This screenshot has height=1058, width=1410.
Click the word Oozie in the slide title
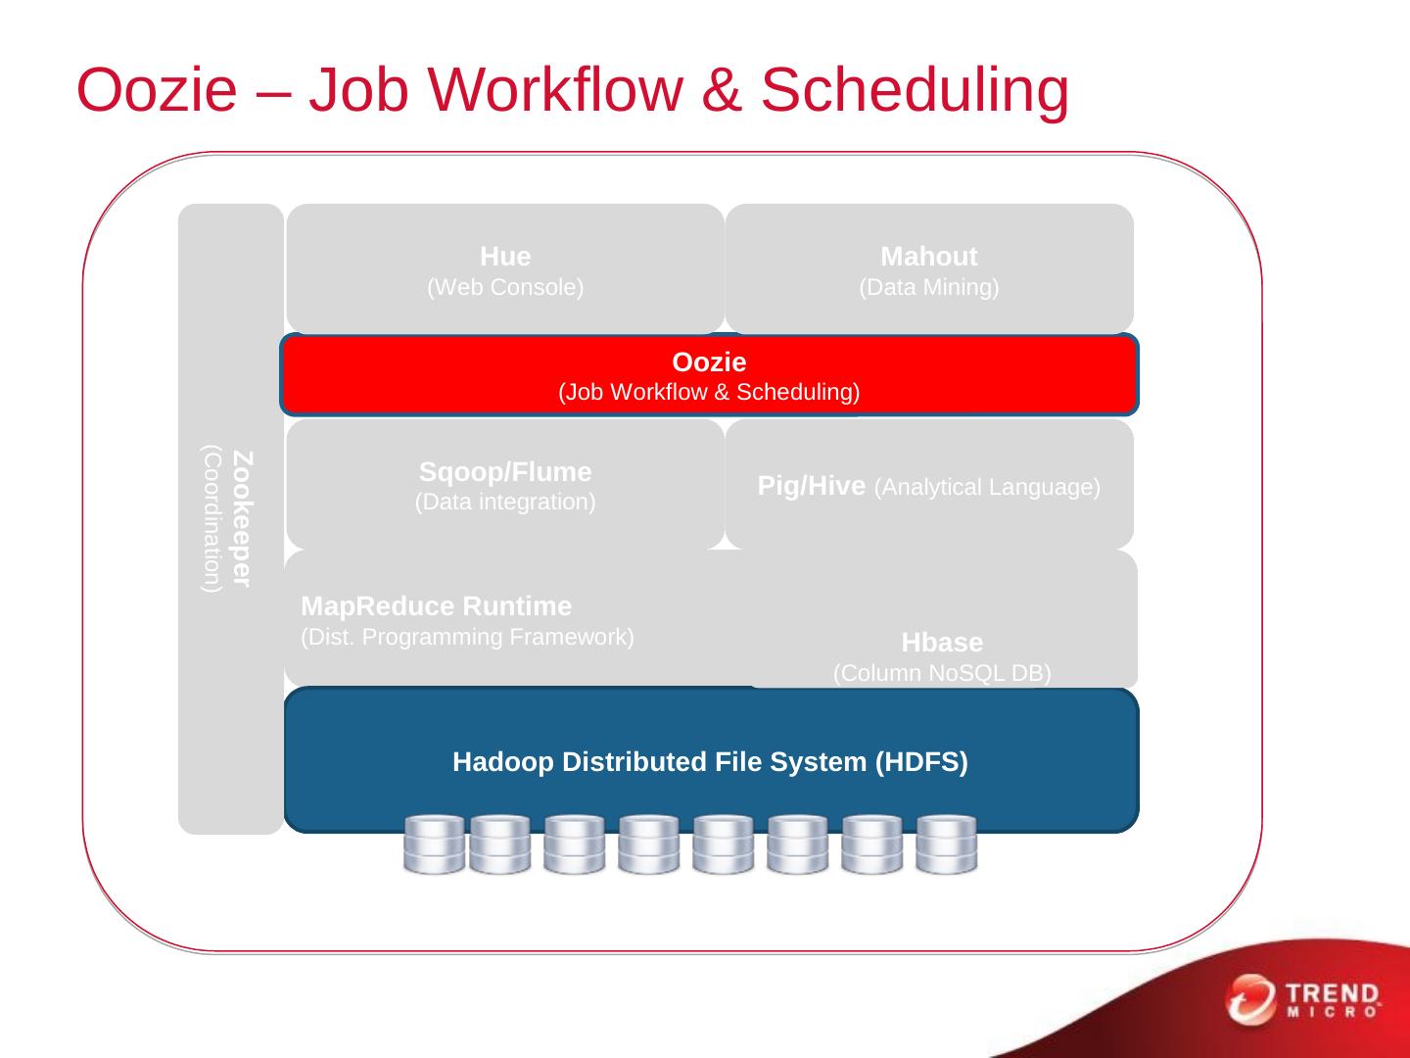pos(157,90)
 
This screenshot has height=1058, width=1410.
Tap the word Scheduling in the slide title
pos(914,90)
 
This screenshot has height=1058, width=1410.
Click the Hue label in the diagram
pos(505,257)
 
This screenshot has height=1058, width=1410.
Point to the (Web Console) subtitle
pos(505,288)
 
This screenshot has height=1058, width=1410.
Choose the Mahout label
pos(928,257)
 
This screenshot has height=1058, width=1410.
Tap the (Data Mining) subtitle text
pos(928,288)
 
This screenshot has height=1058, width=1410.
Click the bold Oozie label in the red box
pos(709,362)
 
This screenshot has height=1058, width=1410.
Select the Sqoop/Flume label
pos(505,472)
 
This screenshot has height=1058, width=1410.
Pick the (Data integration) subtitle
pos(505,503)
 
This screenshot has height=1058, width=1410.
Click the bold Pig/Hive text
pos(812,486)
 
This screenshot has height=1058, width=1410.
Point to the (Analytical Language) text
pos(987,487)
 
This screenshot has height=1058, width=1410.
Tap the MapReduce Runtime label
pos(437,606)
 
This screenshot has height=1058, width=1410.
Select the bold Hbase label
pos(942,643)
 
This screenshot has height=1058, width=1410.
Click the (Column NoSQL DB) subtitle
pos(942,674)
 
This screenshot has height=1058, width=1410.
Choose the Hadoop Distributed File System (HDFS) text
pos(710,762)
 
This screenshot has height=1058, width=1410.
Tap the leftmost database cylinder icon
pos(434,843)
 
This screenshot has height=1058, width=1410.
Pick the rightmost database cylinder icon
pos(946,843)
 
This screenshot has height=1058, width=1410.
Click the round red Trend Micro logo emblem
pos(1250,999)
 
